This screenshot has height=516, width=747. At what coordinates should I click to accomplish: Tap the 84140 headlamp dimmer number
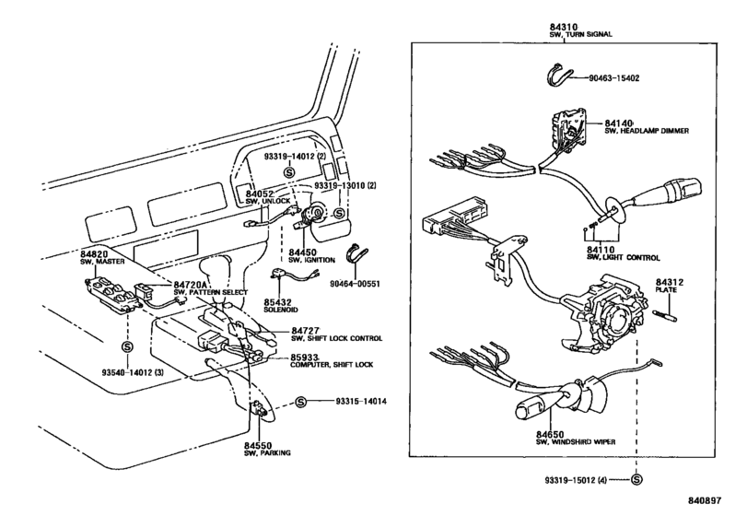(x=618, y=123)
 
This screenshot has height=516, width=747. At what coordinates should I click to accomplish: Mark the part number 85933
(x=306, y=357)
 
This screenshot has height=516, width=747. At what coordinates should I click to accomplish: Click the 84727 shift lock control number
(x=306, y=330)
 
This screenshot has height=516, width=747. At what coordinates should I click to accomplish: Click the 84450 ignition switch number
(x=304, y=252)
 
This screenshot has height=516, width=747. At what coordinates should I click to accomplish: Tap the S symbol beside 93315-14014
(x=300, y=402)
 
